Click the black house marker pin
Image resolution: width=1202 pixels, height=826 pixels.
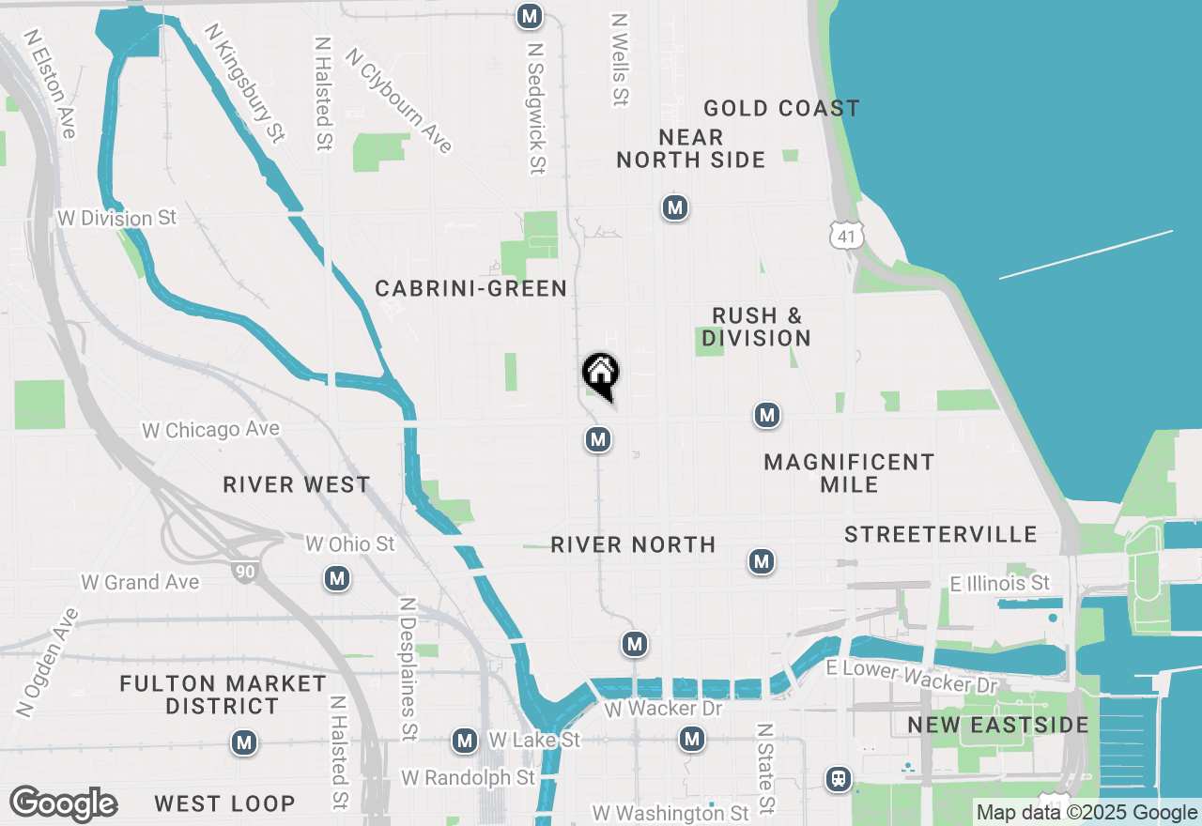[601, 375]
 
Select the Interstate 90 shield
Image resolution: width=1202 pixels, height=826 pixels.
[245, 570]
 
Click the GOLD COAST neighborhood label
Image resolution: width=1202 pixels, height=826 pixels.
[781, 109]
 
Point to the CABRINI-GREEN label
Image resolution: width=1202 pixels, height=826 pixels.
[470, 289]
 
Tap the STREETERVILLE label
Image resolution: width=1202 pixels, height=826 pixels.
[940, 535]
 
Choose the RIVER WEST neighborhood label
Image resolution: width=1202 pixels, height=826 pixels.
[297, 485]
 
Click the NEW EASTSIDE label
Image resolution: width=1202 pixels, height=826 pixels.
[998, 726]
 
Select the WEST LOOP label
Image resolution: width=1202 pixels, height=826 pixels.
[224, 804]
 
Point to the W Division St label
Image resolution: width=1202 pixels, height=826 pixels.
[116, 219]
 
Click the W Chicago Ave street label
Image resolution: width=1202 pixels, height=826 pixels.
[210, 430]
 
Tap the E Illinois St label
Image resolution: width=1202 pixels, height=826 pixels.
[999, 584]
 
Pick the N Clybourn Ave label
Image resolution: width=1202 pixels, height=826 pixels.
[399, 100]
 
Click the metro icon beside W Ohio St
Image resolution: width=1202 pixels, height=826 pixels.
[337, 579]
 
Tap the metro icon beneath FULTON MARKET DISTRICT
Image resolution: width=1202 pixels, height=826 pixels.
[244, 743]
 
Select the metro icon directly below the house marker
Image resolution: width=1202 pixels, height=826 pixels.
[598, 438]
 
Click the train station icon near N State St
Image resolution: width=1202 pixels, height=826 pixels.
[837, 778]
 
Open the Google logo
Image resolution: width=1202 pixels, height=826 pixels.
[63, 804]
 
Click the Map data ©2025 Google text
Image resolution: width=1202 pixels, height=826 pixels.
[1086, 813]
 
